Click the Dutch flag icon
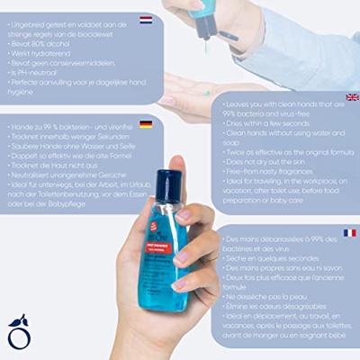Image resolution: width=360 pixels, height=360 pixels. click(x=145, y=19)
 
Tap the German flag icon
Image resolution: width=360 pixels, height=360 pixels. click(x=145, y=123)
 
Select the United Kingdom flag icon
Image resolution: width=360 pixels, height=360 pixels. click(x=351, y=97)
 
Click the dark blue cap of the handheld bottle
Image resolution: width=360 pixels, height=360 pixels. click(x=168, y=187)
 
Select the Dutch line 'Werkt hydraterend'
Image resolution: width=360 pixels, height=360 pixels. click(x=40, y=54)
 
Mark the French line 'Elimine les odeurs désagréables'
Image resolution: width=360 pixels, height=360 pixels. click(x=280, y=308)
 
